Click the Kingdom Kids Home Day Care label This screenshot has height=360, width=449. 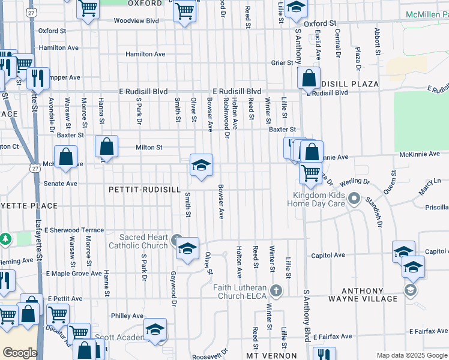pyautogui.click(x=319, y=199)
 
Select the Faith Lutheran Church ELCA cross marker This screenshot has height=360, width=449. pyautogui.click(x=276, y=291)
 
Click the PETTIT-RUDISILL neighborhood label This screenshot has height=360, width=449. pyautogui.click(x=145, y=189)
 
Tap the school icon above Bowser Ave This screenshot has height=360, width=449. pyautogui.click(x=201, y=165)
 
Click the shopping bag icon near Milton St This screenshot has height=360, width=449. pyautogui.click(x=106, y=146)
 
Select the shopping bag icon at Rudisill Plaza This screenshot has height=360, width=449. pyautogui.click(x=309, y=78)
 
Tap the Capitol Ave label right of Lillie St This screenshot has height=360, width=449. pyautogui.click(x=328, y=255)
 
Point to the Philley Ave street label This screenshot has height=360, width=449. pyautogui.click(x=127, y=316)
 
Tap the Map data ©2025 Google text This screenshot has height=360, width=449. pyautogui.click(x=411, y=355)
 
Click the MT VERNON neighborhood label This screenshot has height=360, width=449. pyautogui.click(x=272, y=355)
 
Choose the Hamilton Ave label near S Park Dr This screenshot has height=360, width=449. pyautogui.click(x=145, y=54)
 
